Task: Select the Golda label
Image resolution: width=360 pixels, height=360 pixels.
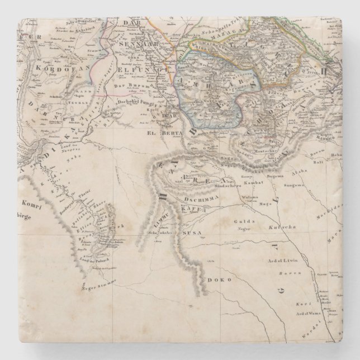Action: pos(240,221)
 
